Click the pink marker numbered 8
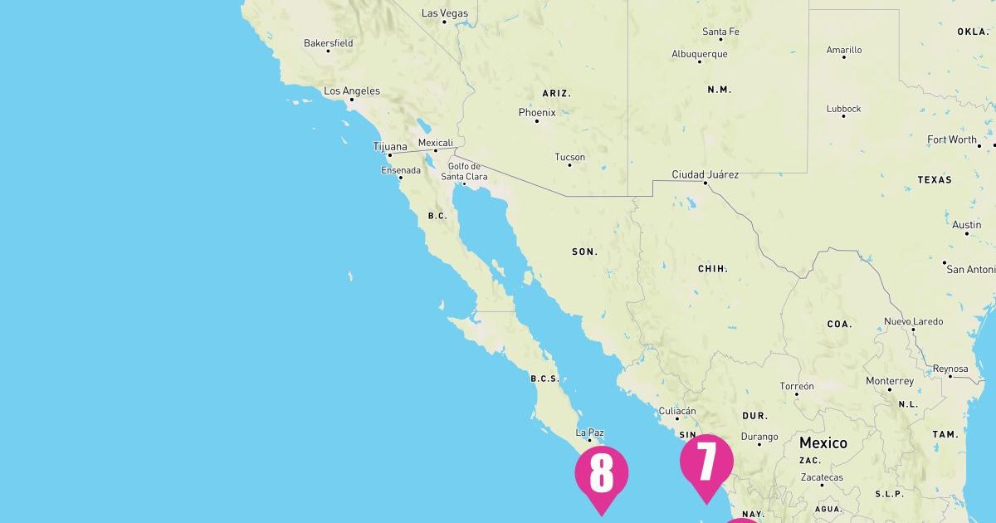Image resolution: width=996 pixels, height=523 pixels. click(x=601, y=474)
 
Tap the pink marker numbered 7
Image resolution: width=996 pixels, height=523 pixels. click(x=706, y=462)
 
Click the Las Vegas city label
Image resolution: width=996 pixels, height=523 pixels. click(x=445, y=13)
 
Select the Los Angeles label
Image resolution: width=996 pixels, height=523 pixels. click(x=352, y=91)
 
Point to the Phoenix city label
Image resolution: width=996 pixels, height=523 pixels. click(x=537, y=112)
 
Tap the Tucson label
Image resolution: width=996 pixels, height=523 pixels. click(x=569, y=157)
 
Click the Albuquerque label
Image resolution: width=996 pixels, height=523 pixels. click(x=699, y=54)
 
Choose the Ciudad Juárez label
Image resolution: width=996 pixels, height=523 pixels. click(x=705, y=174)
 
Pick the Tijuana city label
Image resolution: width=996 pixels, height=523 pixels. click(x=390, y=147)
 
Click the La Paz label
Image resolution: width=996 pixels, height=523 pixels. click(x=589, y=433)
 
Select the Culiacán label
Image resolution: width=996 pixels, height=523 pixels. click(x=676, y=411)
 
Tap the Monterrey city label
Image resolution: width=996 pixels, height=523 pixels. click(x=889, y=381)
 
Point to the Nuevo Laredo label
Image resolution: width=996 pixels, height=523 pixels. click(x=913, y=321)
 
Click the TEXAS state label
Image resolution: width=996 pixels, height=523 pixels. click(x=934, y=179)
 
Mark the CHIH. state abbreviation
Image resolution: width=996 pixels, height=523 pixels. click(x=712, y=269)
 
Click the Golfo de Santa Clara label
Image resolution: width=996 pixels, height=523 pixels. click(x=464, y=171)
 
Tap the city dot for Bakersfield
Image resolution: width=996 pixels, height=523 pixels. click(x=328, y=51)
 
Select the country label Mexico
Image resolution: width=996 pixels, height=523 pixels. click(x=823, y=442)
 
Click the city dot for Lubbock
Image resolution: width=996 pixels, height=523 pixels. click(x=843, y=116)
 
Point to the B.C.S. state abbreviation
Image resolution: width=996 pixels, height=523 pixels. click(x=544, y=379)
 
